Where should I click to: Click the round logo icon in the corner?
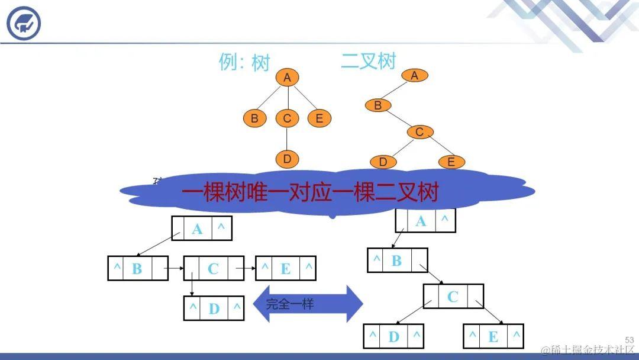(24, 24)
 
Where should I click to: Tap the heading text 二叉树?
(368, 61)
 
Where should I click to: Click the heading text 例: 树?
(244, 63)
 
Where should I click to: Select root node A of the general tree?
(287, 78)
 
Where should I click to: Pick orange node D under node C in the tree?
(287, 159)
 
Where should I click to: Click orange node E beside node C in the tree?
(319, 118)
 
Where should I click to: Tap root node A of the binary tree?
(414, 75)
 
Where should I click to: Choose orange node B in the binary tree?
(377, 106)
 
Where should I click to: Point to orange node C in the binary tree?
(419, 132)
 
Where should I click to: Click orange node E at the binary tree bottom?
(451, 162)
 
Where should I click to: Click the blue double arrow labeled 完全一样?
(308, 304)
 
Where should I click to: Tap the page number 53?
(629, 340)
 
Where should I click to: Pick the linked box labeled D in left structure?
(214, 308)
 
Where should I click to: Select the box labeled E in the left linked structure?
(285, 268)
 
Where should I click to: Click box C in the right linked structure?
(453, 297)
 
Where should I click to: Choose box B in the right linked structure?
(397, 261)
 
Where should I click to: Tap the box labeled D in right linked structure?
(393, 336)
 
